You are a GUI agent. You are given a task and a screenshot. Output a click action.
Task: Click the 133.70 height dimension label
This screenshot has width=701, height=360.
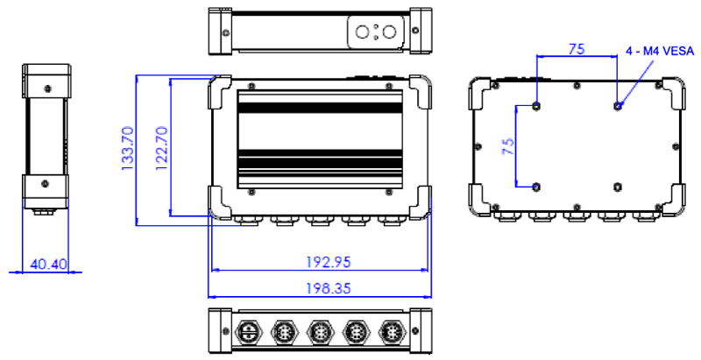point(128,148)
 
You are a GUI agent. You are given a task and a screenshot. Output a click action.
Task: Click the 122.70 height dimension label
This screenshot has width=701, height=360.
point(162,148)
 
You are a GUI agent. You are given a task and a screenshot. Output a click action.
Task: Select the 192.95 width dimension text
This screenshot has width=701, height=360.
point(329,262)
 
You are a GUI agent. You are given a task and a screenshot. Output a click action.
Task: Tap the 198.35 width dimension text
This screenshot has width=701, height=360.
point(329,288)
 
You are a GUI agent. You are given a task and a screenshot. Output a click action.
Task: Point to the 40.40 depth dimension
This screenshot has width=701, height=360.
point(48,265)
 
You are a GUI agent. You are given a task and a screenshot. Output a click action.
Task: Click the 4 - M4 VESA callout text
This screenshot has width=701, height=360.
point(661,52)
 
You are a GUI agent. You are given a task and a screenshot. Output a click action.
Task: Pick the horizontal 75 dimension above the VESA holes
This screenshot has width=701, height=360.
point(577,49)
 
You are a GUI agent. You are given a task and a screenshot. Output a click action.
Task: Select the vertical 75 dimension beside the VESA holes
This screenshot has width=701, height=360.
point(508,146)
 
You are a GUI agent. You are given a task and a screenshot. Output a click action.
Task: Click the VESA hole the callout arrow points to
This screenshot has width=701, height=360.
point(618,106)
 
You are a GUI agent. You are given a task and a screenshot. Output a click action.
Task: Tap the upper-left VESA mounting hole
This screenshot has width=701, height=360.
point(537,106)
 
